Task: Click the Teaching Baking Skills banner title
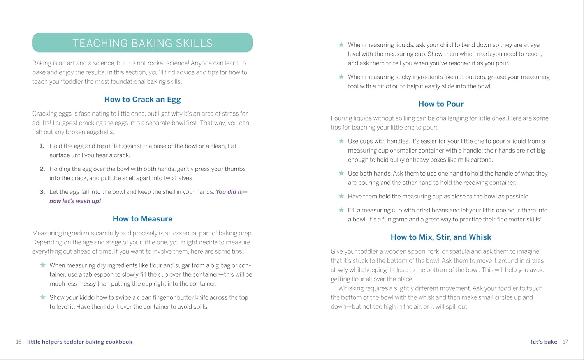pos(142,43)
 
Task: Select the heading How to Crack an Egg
pos(142,100)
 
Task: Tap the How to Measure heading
pos(142,219)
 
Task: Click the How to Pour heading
pos(441,104)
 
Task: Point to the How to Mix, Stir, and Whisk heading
pos(441,237)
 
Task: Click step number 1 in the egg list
pos(42,146)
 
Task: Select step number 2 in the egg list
pos(42,169)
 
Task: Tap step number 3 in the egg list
pos(42,192)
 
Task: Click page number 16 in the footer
pos(18,342)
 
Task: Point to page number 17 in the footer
pos(565,342)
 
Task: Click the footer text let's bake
pos(544,342)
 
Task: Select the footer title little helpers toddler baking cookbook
pos(80,342)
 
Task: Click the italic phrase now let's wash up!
pos(75,201)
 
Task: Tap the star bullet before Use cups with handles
pos(341,141)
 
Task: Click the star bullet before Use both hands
pos(341,173)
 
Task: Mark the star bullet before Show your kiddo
pos(43,297)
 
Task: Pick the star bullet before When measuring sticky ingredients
pos(341,77)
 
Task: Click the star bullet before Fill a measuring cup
pos(341,210)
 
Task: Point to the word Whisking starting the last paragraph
pos(351,288)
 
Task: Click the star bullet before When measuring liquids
pos(341,45)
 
